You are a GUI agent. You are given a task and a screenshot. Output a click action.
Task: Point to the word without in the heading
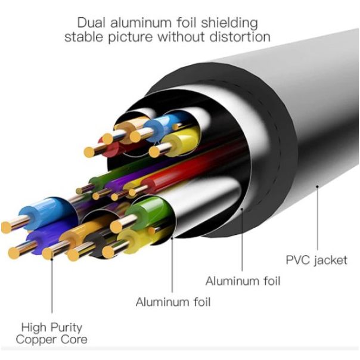pyautogui.click(x=188, y=37)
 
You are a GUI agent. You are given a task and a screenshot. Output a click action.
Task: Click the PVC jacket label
pyautogui.click(x=315, y=260)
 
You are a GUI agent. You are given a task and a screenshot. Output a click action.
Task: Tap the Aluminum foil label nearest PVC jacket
pyautogui.click(x=243, y=280)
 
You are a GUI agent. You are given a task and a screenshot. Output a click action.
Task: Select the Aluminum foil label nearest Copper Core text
pyautogui.click(x=173, y=302)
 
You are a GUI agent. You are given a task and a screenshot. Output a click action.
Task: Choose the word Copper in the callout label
pyautogui.click(x=35, y=340)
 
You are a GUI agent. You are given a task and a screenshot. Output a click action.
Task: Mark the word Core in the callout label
pyautogui.click(x=74, y=340)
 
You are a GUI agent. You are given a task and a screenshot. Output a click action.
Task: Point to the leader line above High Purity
pyautogui.click(x=52, y=280)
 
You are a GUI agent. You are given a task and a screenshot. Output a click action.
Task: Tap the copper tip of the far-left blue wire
pyautogui.click(x=7, y=226)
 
